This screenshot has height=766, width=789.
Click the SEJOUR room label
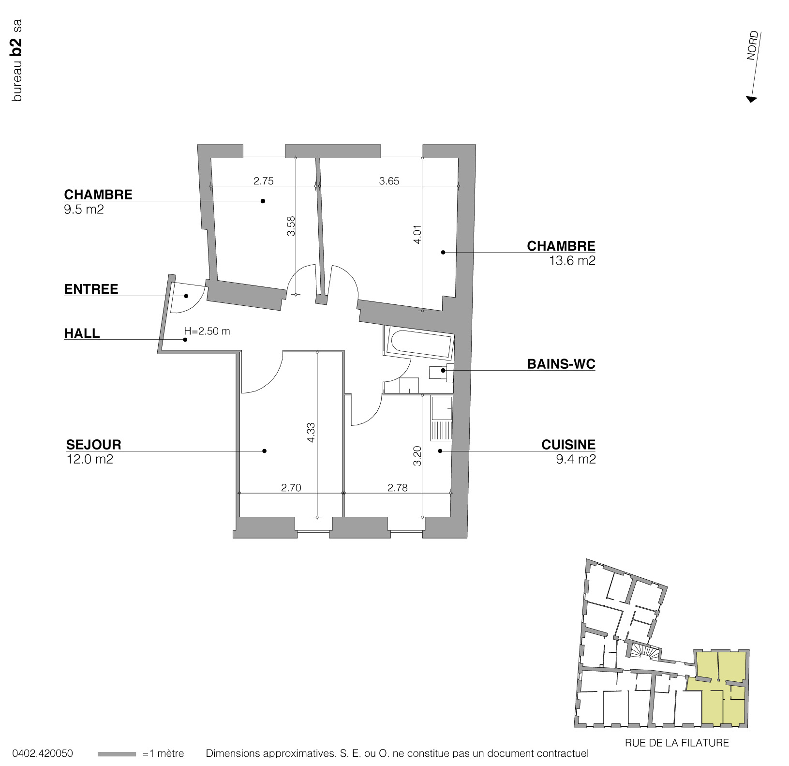pyautogui.click(x=93, y=444)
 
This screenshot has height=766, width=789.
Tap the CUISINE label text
pyautogui.click(x=568, y=444)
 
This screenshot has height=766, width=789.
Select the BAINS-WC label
pyautogui.click(x=561, y=364)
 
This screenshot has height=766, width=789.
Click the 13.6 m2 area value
pyautogui.click(x=572, y=261)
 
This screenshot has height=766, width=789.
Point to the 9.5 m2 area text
pyautogui.click(x=84, y=210)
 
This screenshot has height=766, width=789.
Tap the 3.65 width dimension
pyautogui.click(x=389, y=181)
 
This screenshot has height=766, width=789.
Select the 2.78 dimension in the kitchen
pyautogui.click(x=397, y=488)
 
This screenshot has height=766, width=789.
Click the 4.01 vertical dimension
pyautogui.click(x=417, y=234)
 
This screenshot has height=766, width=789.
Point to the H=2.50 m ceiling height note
pyautogui.click(x=207, y=331)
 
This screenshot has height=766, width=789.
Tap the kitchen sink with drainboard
pyautogui.click(x=441, y=418)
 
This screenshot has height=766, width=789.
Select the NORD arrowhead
pyautogui.click(x=751, y=99)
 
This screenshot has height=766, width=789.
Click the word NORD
pyautogui.click(x=753, y=45)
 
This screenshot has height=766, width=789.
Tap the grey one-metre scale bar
pyautogui.click(x=117, y=754)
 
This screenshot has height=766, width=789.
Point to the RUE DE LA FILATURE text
pyautogui.click(x=676, y=743)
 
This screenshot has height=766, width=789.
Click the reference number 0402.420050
pyautogui.click(x=43, y=753)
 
